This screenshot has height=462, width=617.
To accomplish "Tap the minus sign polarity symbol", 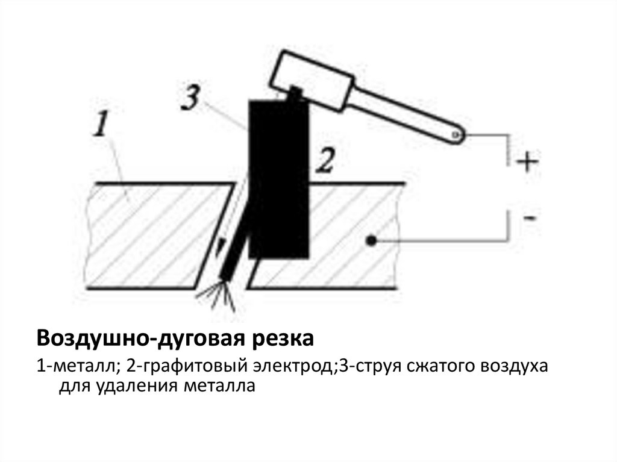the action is pos(528,217).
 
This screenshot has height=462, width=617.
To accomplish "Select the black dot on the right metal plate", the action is pos(372,242).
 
